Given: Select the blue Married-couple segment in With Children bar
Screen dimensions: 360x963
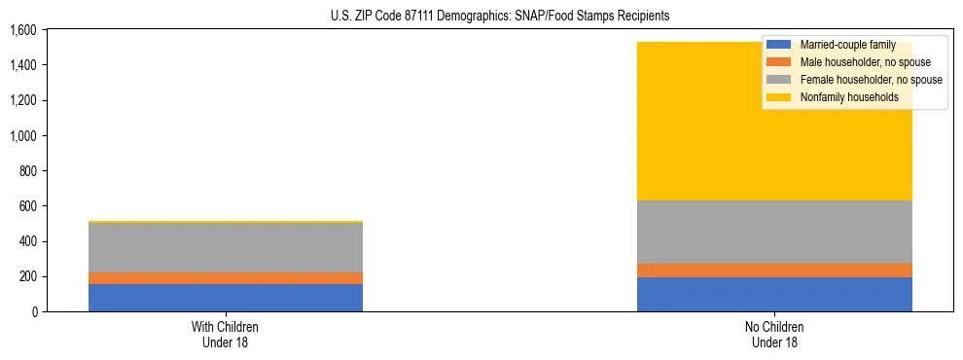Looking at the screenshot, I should point(226,298).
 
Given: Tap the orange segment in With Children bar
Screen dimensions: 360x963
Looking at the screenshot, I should point(226,278).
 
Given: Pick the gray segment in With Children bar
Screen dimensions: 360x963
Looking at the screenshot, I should point(226,248).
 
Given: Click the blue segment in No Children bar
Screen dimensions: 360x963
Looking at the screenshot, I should point(774,294).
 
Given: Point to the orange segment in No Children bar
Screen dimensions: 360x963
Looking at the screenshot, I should point(774,270).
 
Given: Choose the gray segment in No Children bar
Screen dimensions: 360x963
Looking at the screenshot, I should point(774,232).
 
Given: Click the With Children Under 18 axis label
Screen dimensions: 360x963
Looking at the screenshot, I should point(226,334).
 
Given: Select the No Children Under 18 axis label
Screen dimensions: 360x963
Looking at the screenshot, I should point(774,334).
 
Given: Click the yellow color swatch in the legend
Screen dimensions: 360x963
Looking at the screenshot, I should point(780,97).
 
